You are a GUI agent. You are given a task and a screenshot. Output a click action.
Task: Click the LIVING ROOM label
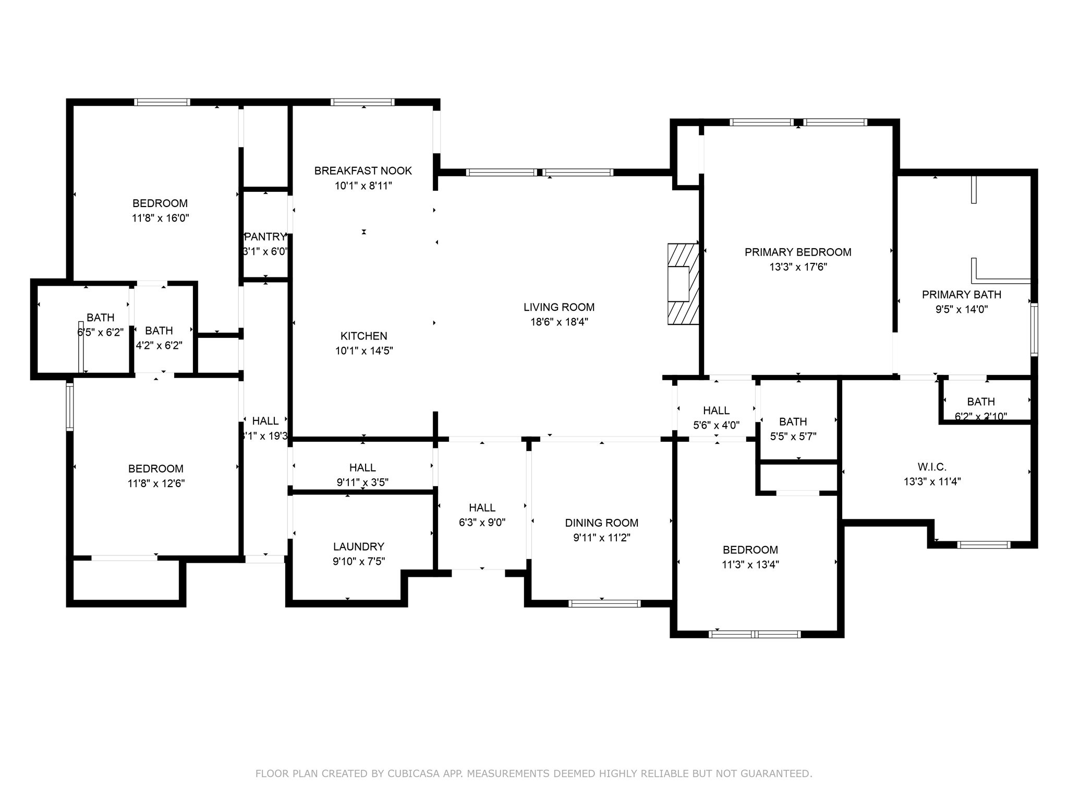[x=559, y=307]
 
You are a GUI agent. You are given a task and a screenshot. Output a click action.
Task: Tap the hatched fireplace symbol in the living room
[x=683, y=284]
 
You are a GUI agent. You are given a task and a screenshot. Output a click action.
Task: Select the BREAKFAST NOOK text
[x=363, y=171]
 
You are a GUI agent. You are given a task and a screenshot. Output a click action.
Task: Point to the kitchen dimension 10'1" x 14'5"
[x=364, y=350]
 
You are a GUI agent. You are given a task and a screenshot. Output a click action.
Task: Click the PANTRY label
[x=265, y=237]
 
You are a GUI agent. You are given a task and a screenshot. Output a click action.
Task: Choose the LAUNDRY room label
[x=359, y=547]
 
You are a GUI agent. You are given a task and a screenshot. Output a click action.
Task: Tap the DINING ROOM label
[x=602, y=523]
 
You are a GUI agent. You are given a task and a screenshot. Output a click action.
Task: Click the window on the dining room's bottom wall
[x=604, y=603]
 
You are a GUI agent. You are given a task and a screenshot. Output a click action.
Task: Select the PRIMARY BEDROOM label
[x=798, y=252]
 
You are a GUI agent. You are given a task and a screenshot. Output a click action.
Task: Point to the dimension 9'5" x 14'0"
[x=962, y=309]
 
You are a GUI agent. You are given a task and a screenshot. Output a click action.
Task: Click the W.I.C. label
[x=932, y=467]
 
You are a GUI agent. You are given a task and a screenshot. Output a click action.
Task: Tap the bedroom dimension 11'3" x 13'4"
[x=750, y=564]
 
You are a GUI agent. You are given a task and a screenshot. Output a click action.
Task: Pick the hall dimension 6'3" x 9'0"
[x=482, y=523]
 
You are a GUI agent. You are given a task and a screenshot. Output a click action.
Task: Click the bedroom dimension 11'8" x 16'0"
[x=160, y=218]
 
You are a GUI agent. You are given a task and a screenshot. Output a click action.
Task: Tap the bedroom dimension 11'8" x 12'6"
[x=156, y=483]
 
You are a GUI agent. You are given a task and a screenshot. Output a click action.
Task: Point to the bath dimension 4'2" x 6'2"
[x=159, y=345]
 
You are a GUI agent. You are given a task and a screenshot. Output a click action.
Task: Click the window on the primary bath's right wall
[x=1034, y=330]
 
